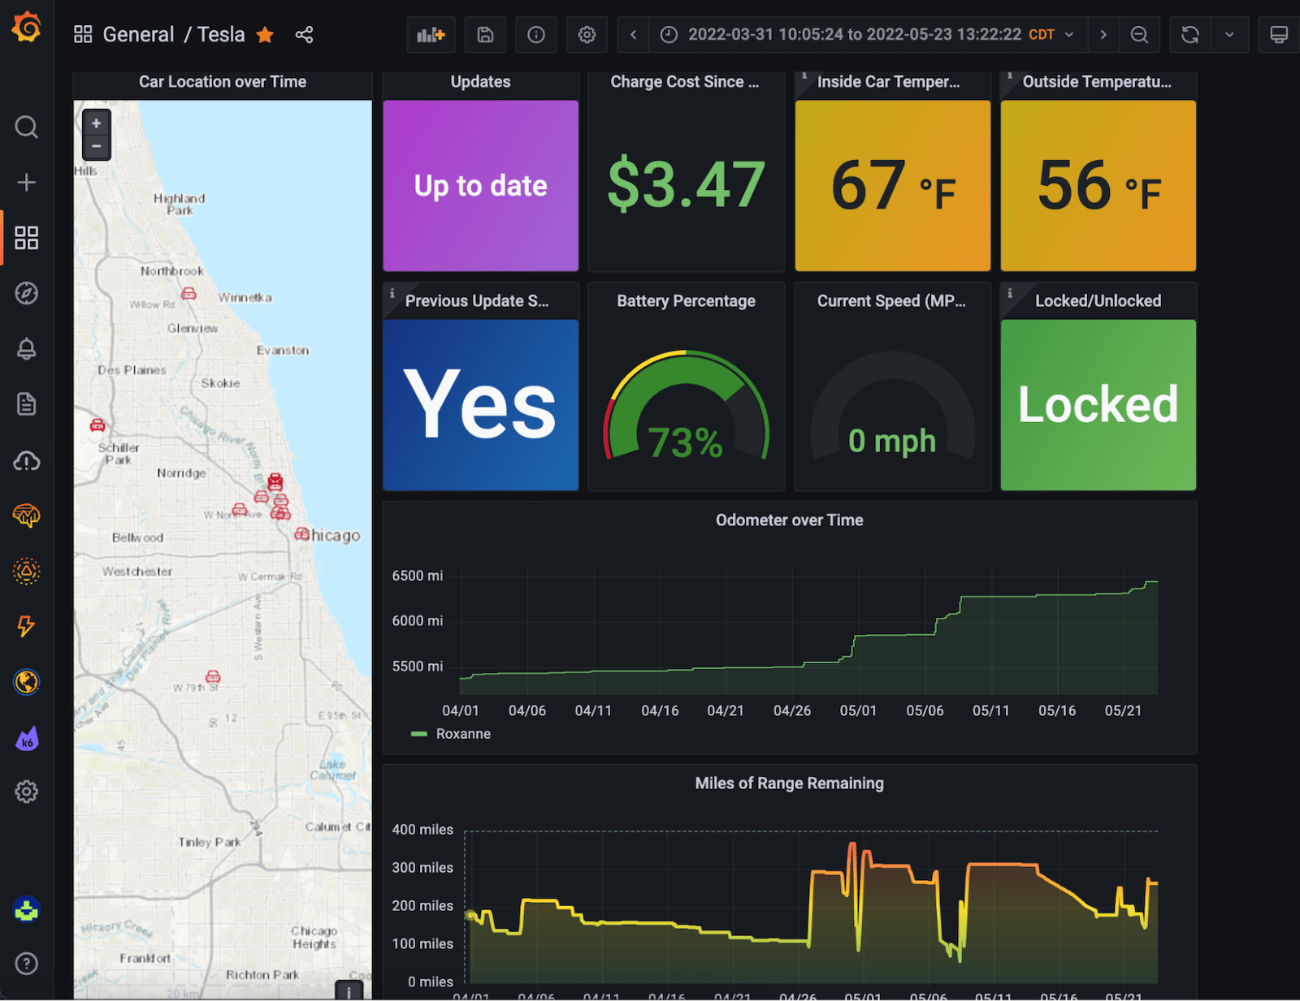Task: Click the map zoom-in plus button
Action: (x=96, y=123)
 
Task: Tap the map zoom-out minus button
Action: (x=96, y=147)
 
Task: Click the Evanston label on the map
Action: (x=283, y=351)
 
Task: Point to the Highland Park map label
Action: (x=180, y=204)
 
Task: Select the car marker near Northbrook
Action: (x=188, y=293)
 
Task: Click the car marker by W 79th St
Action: (x=213, y=676)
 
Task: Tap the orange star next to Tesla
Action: (x=265, y=35)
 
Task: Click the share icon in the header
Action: (x=304, y=35)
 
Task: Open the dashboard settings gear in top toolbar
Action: (x=587, y=35)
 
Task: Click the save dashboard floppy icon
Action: (x=485, y=35)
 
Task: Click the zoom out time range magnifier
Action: (x=1139, y=35)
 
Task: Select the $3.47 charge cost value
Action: (x=687, y=184)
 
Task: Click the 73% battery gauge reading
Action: (x=685, y=443)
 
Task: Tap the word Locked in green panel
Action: (x=1098, y=404)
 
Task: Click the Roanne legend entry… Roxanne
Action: (x=463, y=734)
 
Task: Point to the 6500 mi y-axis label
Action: (x=418, y=576)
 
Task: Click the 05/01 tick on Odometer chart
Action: (x=858, y=710)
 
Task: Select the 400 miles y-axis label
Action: (x=422, y=830)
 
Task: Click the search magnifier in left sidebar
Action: (x=26, y=127)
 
